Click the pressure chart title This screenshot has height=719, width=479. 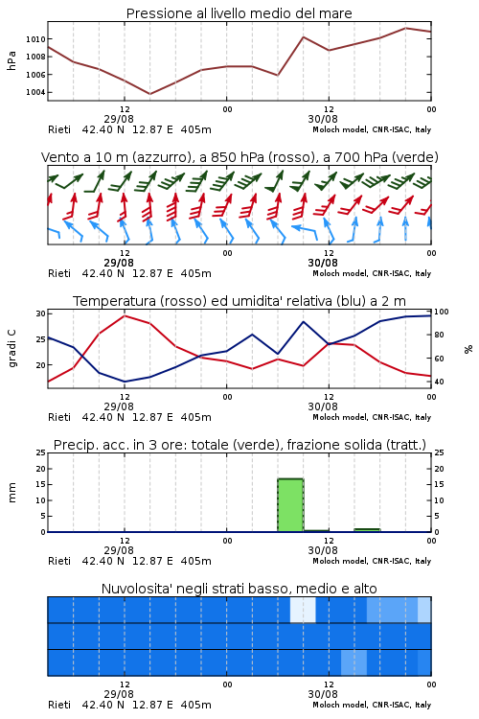click(x=239, y=13)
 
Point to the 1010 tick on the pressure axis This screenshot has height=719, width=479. click(x=35, y=39)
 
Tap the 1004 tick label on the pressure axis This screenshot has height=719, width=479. click(x=35, y=92)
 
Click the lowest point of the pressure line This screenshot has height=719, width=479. click(x=149, y=94)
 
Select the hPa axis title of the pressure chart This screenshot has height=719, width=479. click(x=11, y=60)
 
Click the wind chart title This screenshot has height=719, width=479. click(x=239, y=157)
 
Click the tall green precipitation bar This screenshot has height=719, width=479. click(x=290, y=505)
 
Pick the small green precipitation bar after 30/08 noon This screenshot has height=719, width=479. click(x=367, y=530)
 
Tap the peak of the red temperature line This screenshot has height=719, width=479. click(x=125, y=315)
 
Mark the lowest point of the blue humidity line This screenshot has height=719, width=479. click(x=125, y=382)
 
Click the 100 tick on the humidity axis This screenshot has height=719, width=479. click(x=442, y=312)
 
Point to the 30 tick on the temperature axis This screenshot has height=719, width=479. click(x=41, y=313)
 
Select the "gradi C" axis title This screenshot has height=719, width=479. click(x=12, y=349)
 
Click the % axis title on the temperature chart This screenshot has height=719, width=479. click(x=468, y=349)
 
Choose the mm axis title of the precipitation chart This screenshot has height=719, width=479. click(x=11, y=493)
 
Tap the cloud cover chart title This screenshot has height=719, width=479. click(x=239, y=589)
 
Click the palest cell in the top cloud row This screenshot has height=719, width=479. click(x=303, y=610)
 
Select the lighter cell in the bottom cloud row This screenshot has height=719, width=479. click(x=354, y=662)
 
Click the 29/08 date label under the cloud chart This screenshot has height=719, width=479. click(x=119, y=694)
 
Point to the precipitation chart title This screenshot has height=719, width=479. click(x=239, y=445)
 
